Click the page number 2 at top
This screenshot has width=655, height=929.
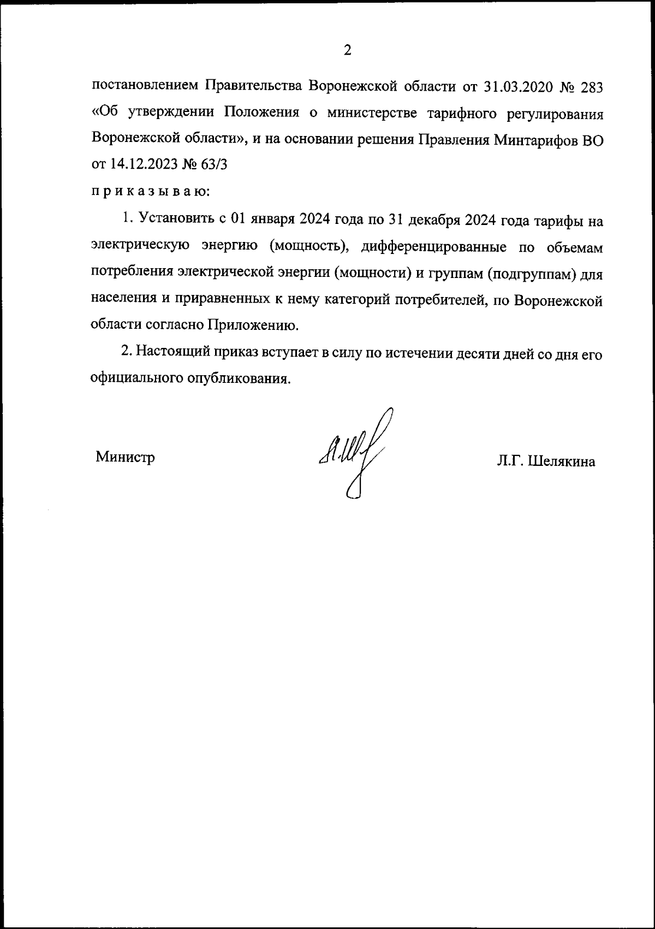click(347, 51)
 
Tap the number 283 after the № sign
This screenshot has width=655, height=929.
click(589, 86)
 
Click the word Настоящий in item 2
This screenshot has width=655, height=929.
click(172, 353)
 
